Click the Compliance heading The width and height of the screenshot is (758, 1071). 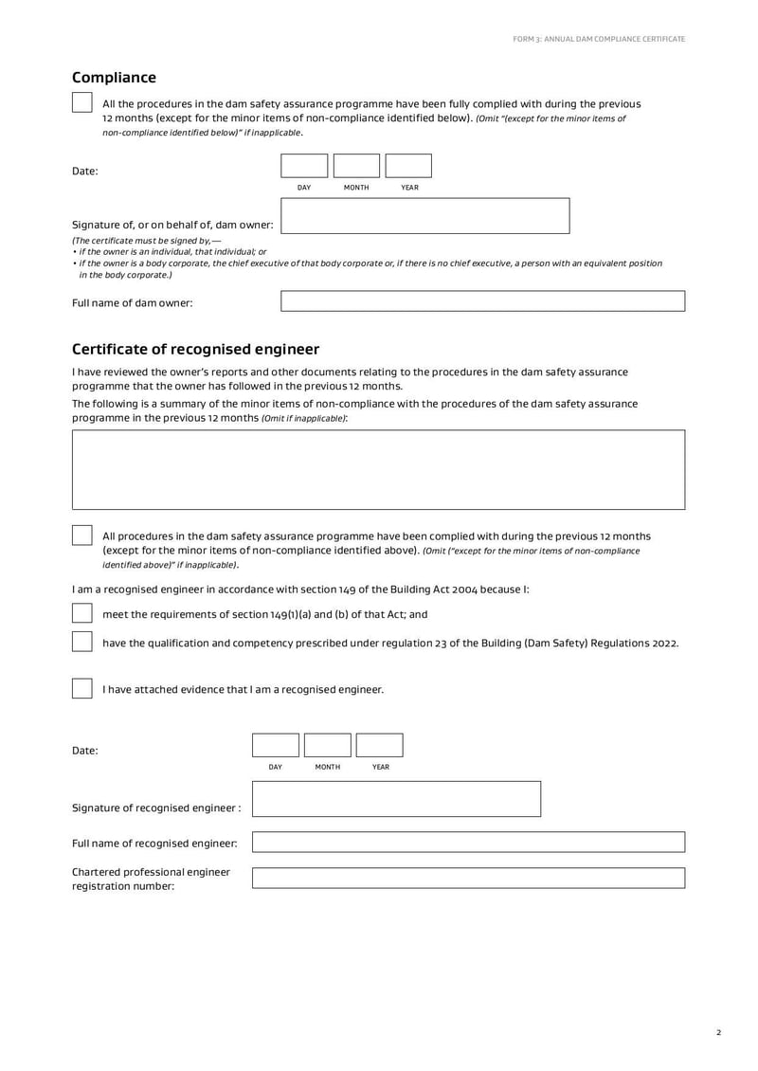click(114, 78)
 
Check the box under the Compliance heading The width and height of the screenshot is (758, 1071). click(82, 102)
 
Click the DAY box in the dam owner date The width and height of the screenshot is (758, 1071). click(304, 166)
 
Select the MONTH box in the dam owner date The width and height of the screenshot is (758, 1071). click(356, 166)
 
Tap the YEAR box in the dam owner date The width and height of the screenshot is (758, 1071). click(408, 166)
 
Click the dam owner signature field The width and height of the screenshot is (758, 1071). click(425, 216)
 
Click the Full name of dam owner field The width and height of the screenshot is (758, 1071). click(482, 301)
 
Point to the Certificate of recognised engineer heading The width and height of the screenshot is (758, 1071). click(195, 350)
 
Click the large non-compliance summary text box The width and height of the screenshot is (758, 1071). click(378, 470)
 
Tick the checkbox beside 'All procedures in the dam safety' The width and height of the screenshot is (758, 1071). click(82, 535)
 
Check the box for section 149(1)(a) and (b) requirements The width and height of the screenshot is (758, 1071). click(82, 613)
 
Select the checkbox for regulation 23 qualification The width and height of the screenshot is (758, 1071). click(82, 642)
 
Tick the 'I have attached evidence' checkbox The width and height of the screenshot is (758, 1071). click(82, 689)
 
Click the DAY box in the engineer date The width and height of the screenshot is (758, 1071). click(275, 745)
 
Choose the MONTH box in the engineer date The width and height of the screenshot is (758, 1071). click(327, 745)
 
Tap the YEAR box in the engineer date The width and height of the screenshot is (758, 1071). click(379, 745)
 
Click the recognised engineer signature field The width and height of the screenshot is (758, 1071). click(396, 799)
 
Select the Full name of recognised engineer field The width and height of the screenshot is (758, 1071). click(468, 843)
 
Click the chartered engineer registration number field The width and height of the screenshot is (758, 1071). click(468, 878)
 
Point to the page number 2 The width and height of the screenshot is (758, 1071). click(718, 1033)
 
